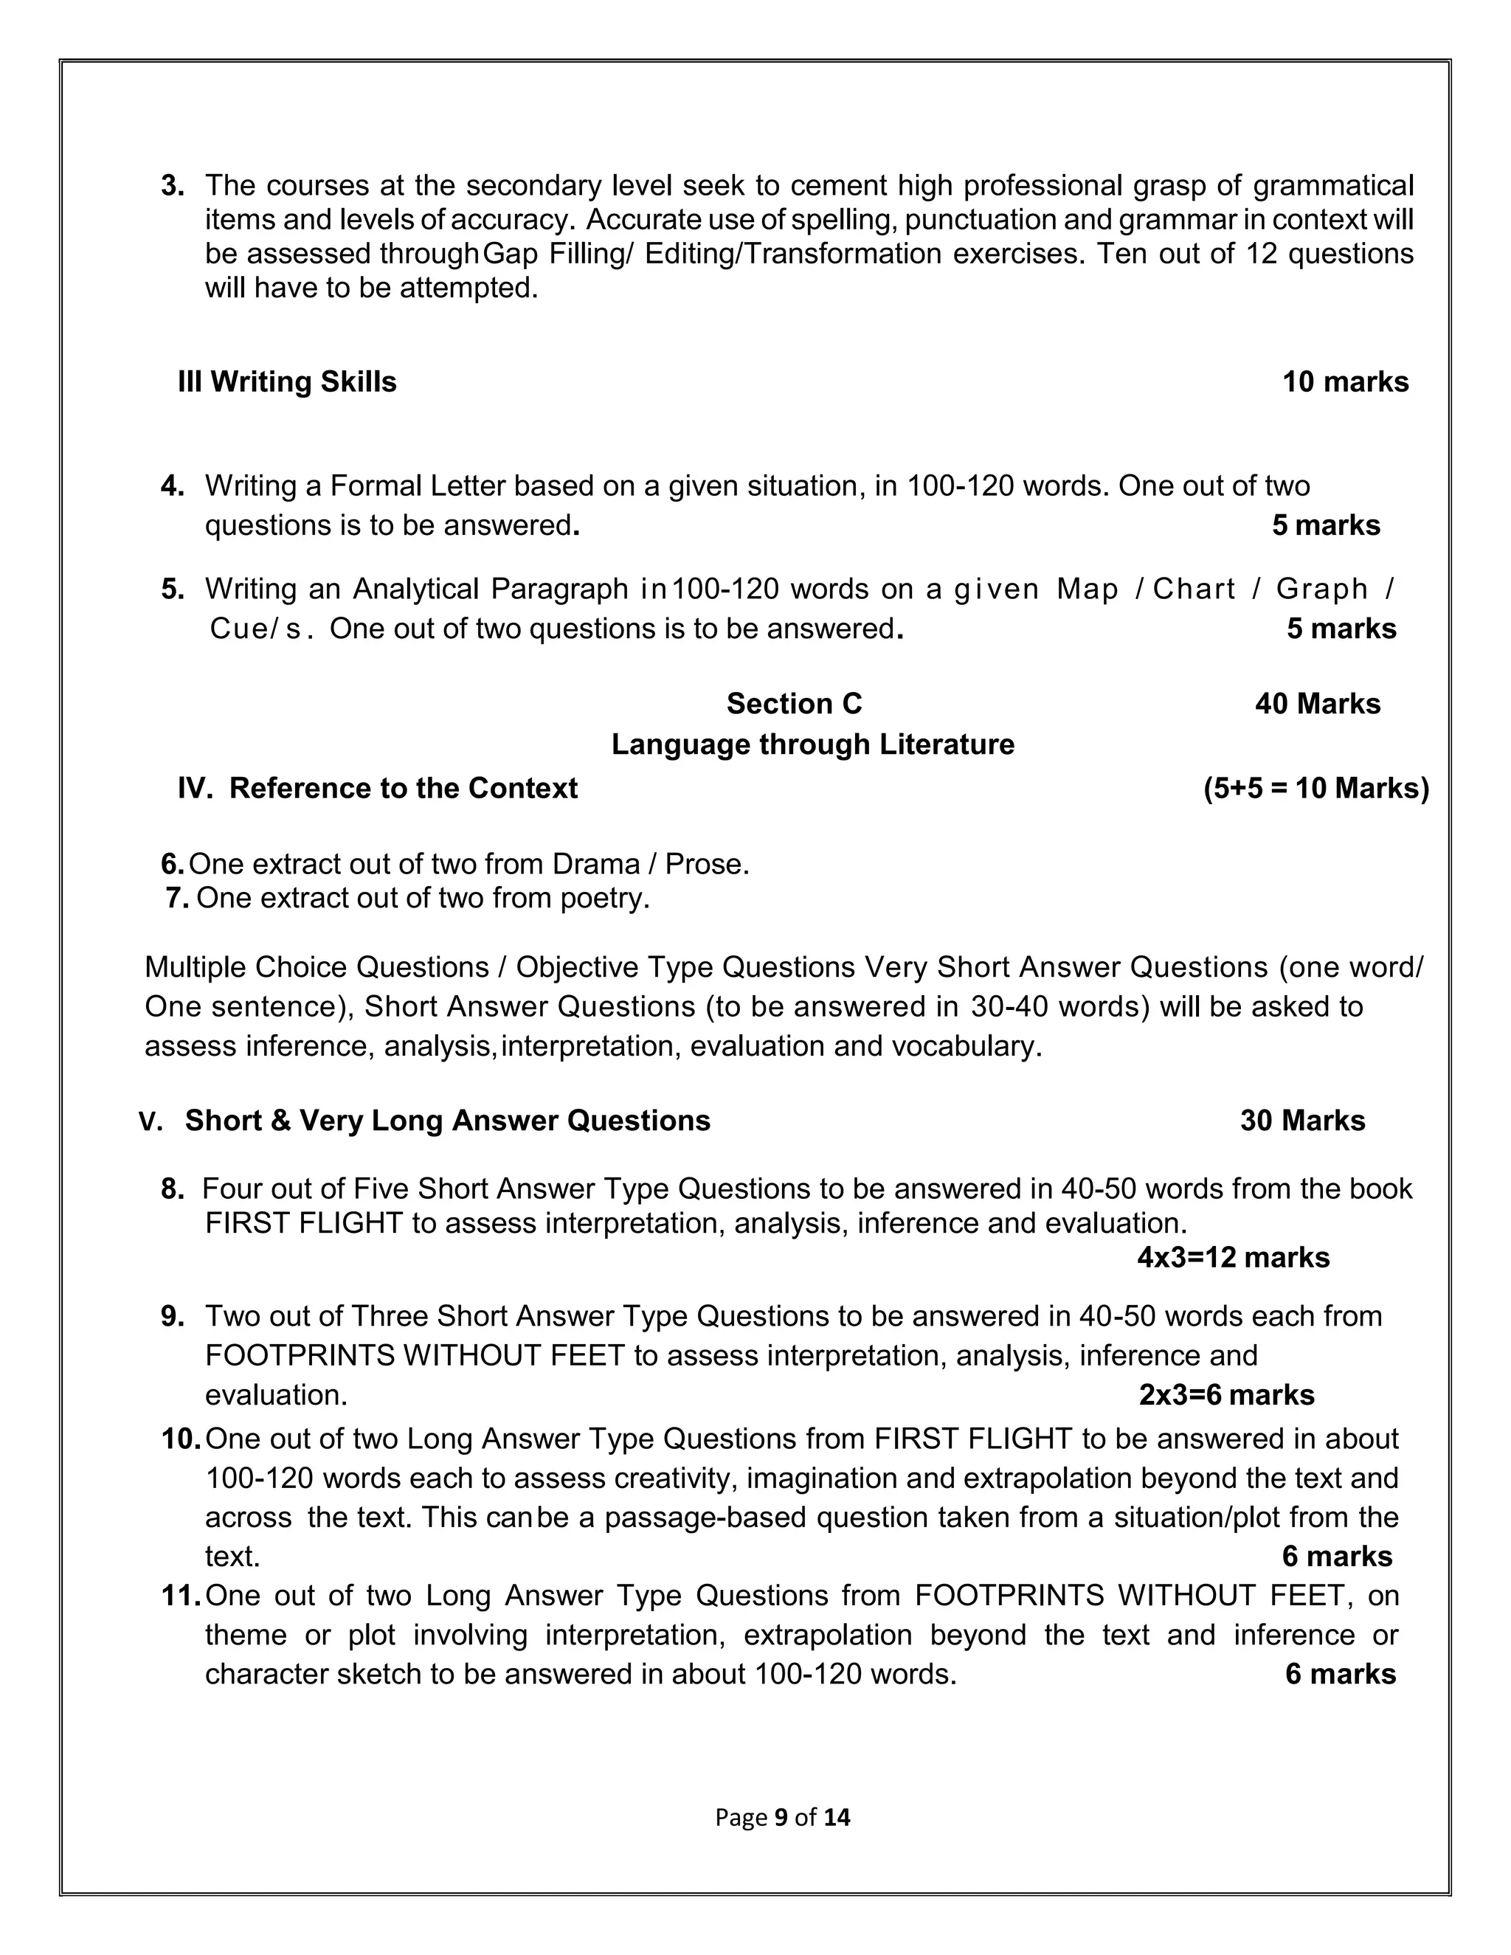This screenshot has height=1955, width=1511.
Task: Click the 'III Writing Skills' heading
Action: [x=287, y=382]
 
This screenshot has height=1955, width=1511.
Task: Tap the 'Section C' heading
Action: [x=793, y=704]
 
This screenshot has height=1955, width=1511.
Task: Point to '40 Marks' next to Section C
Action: [x=1317, y=704]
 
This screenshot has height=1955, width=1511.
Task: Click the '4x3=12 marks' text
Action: [x=1233, y=1258]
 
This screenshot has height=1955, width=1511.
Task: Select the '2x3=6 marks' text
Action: [x=1225, y=1394]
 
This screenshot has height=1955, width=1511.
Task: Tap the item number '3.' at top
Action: [x=173, y=185]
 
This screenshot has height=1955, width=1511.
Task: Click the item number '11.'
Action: [x=180, y=1595]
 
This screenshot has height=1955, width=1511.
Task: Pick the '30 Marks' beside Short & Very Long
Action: [x=1301, y=1121]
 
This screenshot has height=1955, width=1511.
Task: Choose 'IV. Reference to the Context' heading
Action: [x=377, y=788]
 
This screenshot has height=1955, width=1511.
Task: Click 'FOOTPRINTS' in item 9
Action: [x=299, y=1355]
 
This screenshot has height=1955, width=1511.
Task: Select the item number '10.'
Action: [x=180, y=1439]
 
